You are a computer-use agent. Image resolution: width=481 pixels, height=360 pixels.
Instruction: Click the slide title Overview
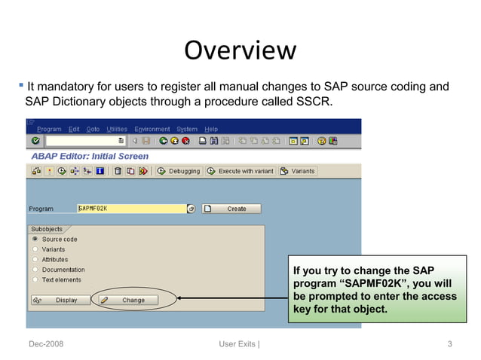240,50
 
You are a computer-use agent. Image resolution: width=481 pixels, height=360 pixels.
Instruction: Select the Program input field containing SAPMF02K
131,209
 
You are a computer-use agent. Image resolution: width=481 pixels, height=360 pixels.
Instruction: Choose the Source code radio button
35,239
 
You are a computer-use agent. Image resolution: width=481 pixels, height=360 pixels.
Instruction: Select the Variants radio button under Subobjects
35,249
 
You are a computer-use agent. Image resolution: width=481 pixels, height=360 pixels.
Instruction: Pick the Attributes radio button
35,259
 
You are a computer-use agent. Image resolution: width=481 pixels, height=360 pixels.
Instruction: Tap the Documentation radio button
35,270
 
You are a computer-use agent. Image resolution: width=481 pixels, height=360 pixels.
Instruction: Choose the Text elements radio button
35,279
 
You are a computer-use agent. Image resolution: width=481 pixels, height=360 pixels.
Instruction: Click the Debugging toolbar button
179,171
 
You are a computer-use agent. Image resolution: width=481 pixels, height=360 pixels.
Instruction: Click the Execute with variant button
240,171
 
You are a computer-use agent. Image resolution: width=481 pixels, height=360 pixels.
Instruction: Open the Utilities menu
117,129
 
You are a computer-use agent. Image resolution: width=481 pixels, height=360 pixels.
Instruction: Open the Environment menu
152,129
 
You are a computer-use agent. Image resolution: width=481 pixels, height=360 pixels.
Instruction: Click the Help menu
211,129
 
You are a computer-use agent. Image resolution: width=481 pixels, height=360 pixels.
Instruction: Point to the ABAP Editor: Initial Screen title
90,156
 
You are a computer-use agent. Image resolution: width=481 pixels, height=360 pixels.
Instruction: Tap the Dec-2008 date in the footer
46,344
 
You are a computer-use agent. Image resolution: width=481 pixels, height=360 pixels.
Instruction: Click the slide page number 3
449,344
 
